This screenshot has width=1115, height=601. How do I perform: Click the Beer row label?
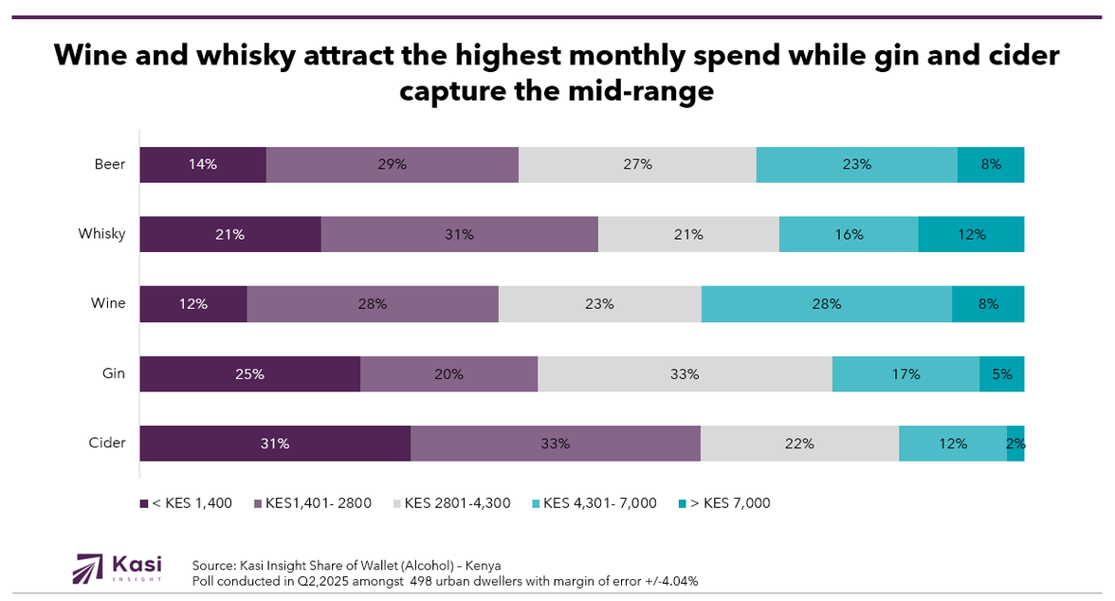110,164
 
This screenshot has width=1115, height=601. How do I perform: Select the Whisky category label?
101,233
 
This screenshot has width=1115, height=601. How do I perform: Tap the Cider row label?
107,443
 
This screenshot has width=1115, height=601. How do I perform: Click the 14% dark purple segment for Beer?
203,164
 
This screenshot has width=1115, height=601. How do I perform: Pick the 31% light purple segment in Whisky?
459,234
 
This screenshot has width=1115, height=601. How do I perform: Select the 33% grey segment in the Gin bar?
685,373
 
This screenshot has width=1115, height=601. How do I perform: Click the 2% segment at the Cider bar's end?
1015,443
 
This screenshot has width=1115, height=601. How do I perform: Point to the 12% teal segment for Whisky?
971,234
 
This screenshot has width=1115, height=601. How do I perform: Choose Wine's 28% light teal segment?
826,303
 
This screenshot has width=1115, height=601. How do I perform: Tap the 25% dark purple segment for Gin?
249,373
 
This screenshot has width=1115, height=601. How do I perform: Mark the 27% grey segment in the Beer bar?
637,164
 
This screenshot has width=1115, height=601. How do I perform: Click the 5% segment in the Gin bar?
1001,373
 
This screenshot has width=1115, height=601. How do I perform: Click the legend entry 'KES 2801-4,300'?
457,502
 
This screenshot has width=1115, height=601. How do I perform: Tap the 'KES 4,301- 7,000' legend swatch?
538,502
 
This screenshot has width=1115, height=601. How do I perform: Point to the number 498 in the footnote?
424,580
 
